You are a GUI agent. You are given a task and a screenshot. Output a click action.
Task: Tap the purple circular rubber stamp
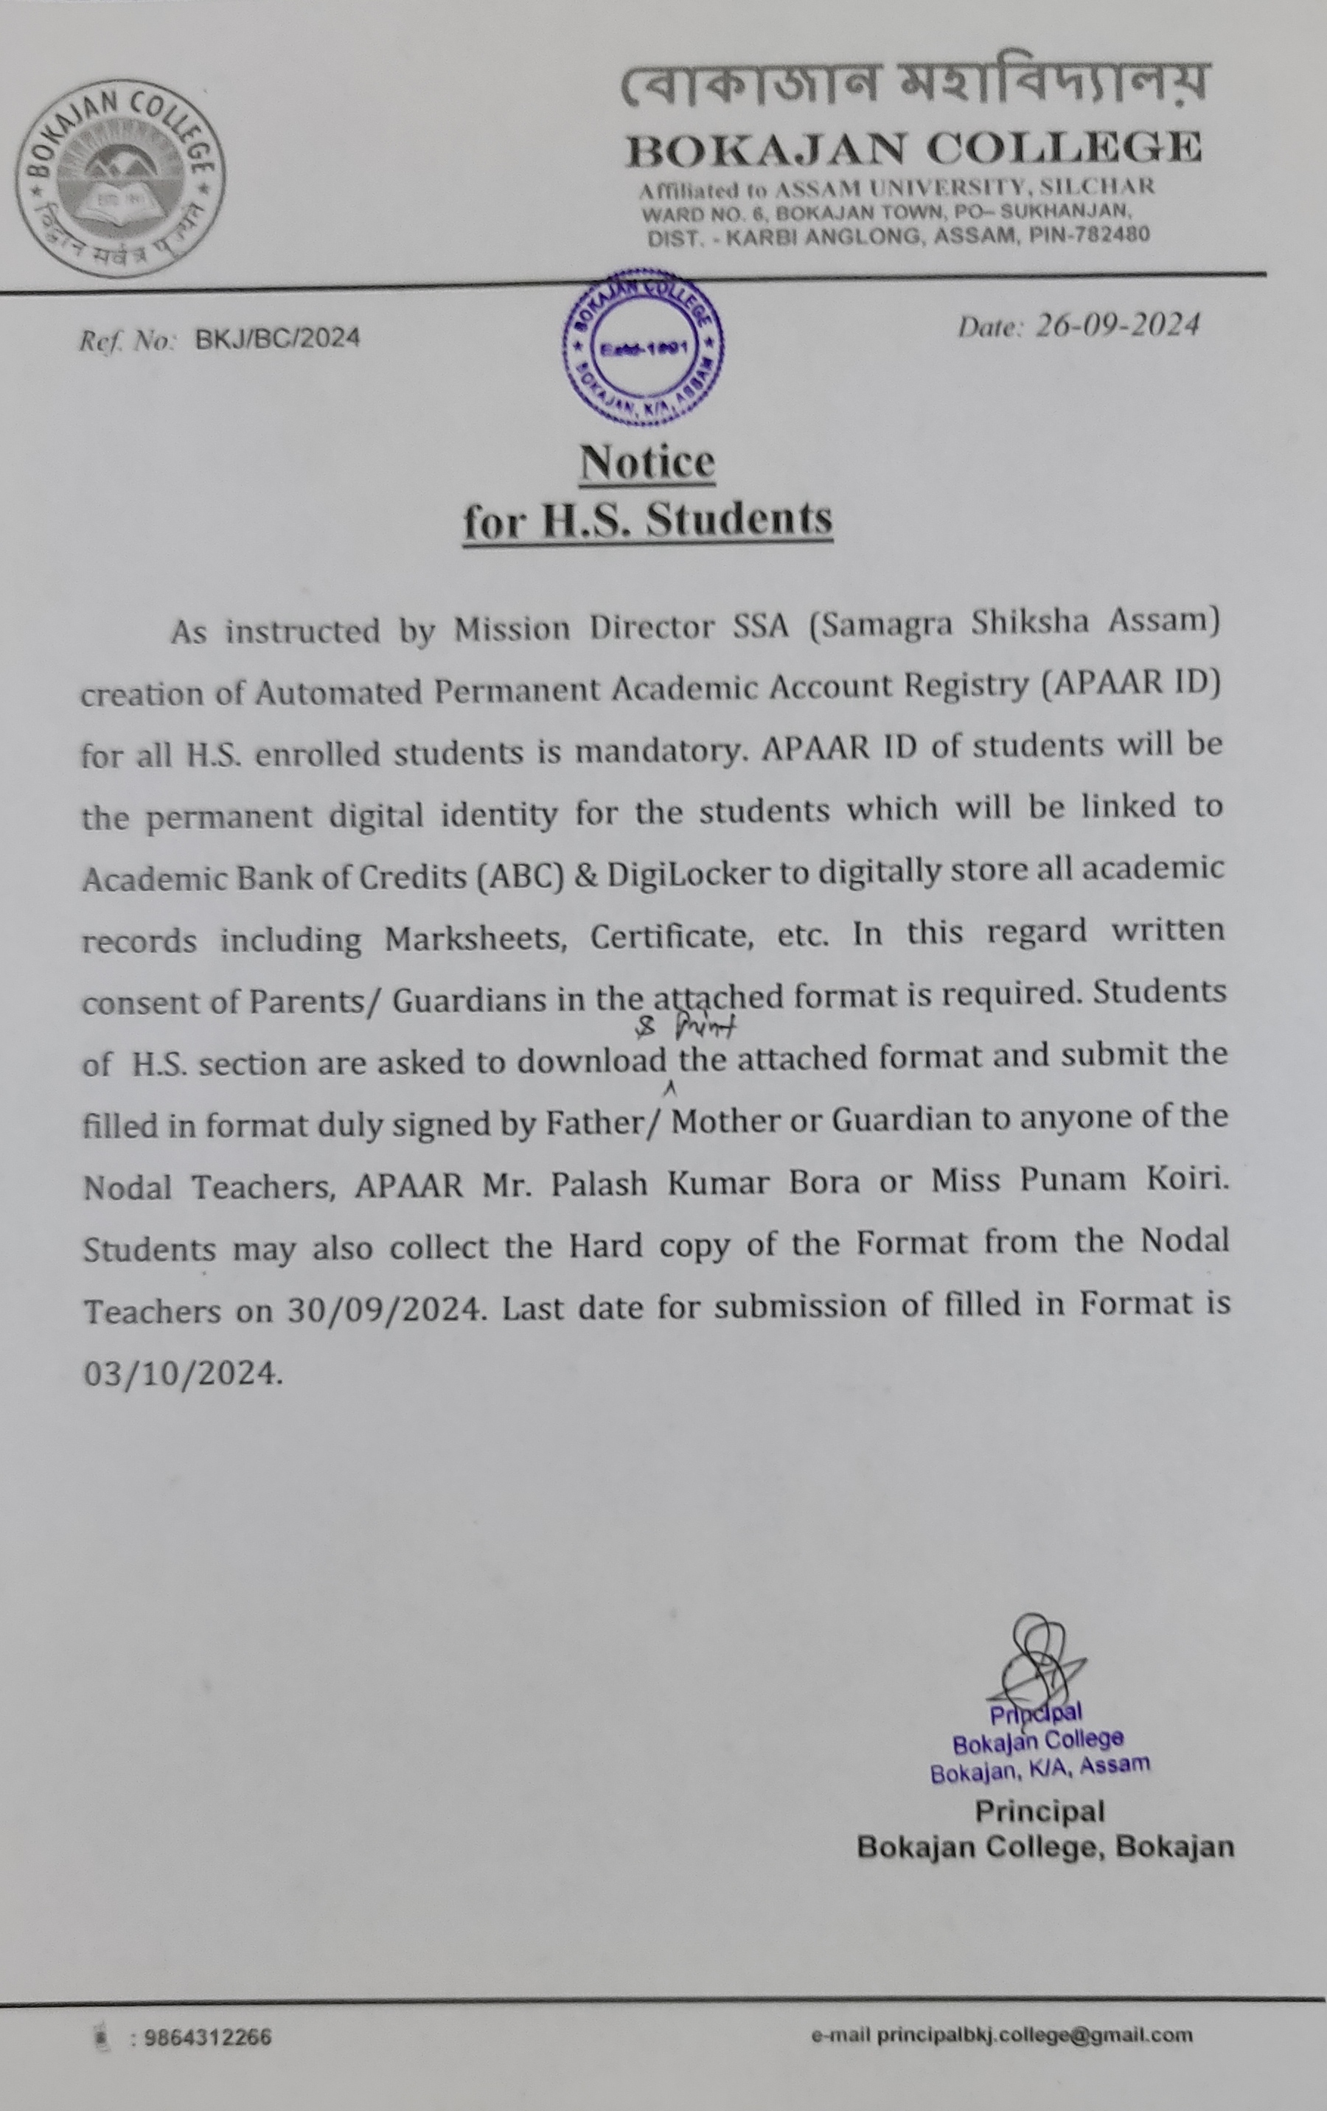[644, 347]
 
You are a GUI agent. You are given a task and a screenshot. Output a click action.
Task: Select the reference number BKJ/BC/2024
[277, 338]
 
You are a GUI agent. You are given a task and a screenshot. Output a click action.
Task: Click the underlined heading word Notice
[647, 462]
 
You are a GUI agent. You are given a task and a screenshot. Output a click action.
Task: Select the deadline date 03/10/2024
[182, 1374]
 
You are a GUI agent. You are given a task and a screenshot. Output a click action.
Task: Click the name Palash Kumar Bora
[706, 1184]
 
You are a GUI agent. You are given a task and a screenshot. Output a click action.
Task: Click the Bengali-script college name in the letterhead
[913, 84]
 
